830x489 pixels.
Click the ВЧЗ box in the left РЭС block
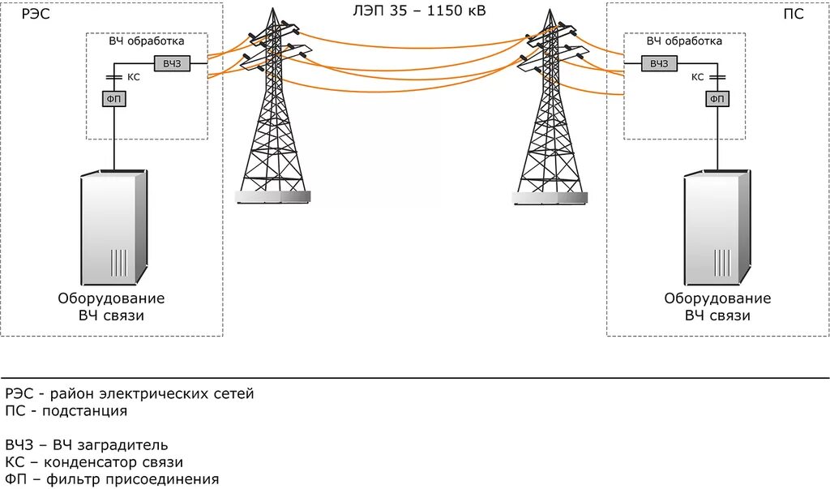click(171, 64)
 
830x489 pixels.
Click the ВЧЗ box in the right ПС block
click(658, 64)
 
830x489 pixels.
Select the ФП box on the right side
click(717, 99)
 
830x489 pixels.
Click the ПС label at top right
click(795, 14)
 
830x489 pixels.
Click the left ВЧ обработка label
click(147, 41)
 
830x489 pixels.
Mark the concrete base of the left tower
click(272, 196)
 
